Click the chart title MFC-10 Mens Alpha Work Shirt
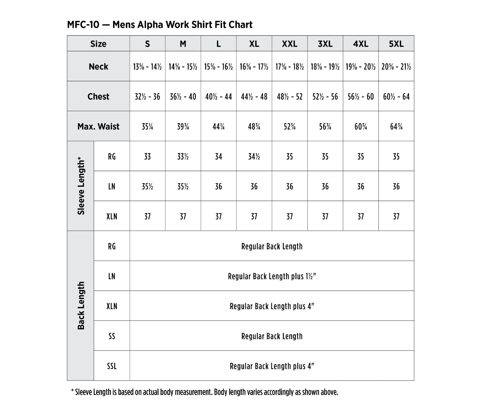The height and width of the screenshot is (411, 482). [x=160, y=25]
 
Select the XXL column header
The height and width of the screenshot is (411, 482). [x=290, y=44]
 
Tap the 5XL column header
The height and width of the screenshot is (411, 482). [x=396, y=44]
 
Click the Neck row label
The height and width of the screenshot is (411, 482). [x=99, y=67]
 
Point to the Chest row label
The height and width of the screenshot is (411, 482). [x=99, y=96]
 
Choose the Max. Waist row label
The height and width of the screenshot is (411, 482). [x=99, y=126]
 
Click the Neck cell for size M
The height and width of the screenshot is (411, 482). [x=183, y=67]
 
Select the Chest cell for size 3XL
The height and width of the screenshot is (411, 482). [x=325, y=97]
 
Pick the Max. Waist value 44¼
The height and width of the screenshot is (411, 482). [x=218, y=126]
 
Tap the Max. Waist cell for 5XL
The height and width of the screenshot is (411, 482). [x=396, y=126]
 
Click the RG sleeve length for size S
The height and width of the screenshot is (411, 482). [x=147, y=157]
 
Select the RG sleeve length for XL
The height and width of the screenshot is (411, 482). [x=254, y=157]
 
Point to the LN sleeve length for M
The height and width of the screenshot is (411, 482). [x=183, y=186]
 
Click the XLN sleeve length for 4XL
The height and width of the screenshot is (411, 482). [x=361, y=216]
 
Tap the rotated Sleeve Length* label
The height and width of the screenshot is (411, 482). [x=81, y=186]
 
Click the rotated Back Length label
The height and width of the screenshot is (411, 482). [x=81, y=306]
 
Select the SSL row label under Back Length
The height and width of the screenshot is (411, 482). [x=112, y=366]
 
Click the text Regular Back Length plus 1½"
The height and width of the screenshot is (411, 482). [x=272, y=276]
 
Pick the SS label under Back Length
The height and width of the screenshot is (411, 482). [x=112, y=336]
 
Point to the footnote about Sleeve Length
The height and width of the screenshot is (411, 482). [x=205, y=392]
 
